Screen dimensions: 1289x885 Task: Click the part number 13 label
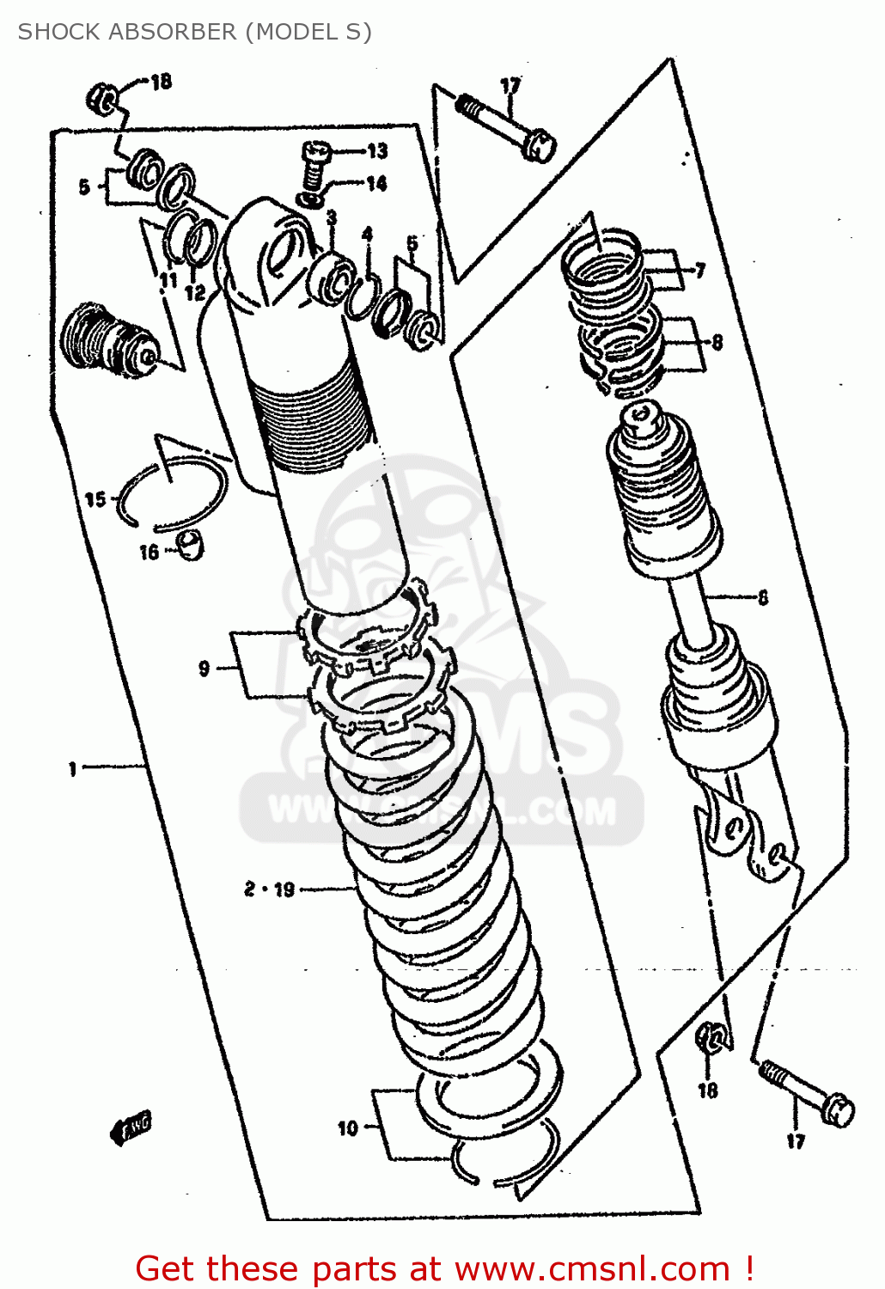[x=377, y=151]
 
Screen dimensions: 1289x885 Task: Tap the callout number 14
[x=376, y=183]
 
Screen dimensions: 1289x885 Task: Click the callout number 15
[x=95, y=499]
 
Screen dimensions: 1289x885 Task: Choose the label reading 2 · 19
[x=269, y=889]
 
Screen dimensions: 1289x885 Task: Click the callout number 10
[x=347, y=1127]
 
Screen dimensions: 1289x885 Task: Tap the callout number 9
[x=204, y=668]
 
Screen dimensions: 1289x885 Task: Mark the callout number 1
[x=73, y=768]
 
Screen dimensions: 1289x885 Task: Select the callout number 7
[x=699, y=271]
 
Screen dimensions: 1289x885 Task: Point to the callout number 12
[x=196, y=292]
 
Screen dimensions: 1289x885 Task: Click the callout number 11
[x=168, y=279]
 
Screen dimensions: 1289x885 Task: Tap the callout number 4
[x=367, y=234]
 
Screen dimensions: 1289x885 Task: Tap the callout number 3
[x=331, y=217]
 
